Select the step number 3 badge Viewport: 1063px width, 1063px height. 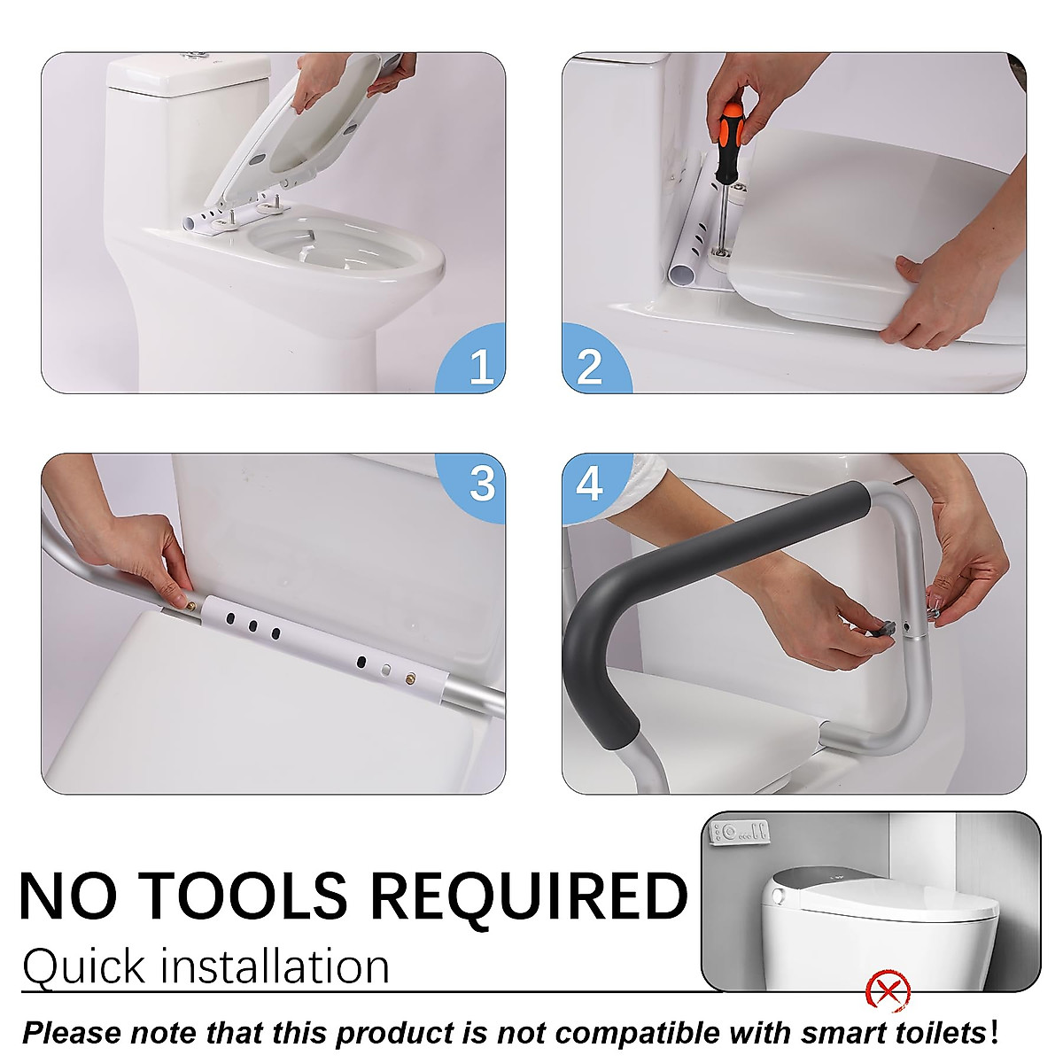(481, 484)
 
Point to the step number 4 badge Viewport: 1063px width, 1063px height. (590, 484)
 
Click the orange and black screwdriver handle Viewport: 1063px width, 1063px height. (731, 128)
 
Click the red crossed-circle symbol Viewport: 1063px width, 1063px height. (888, 989)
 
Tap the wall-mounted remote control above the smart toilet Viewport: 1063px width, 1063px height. (741, 833)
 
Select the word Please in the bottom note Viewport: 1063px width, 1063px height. (71, 1033)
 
